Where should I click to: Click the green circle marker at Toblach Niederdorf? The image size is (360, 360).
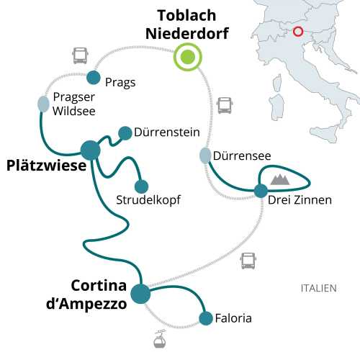(188, 58)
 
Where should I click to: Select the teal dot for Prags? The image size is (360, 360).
(93, 77)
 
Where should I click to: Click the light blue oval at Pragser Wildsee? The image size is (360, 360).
(44, 104)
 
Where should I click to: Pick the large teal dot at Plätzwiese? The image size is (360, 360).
(91, 150)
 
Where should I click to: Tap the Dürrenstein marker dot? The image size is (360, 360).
(125, 132)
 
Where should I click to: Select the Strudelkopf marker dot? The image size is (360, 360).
(141, 186)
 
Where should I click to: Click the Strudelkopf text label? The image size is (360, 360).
(148, 199)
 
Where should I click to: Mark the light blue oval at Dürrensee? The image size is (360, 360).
(205, 155)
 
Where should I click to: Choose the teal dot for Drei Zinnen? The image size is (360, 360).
(260, 191)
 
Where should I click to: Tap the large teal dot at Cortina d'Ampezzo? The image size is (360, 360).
(140, 294)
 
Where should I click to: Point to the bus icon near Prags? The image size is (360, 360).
(80, 55)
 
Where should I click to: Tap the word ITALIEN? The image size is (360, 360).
(318, 288)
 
